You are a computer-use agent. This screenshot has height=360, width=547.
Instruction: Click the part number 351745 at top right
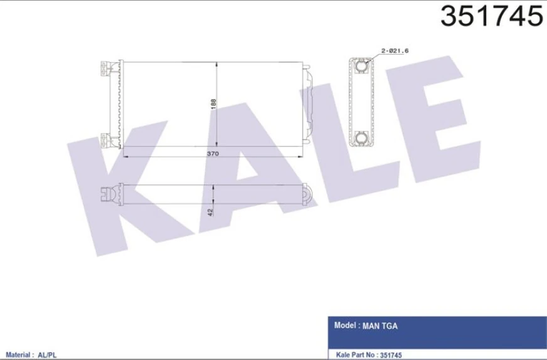point(491,17)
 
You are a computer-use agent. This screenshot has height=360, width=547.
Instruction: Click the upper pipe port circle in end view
point(361,65)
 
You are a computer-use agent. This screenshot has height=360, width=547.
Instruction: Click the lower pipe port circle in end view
point(361,137)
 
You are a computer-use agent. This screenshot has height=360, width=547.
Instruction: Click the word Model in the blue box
point(346,326)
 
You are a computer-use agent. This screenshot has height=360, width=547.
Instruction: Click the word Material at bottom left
point(18,355)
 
